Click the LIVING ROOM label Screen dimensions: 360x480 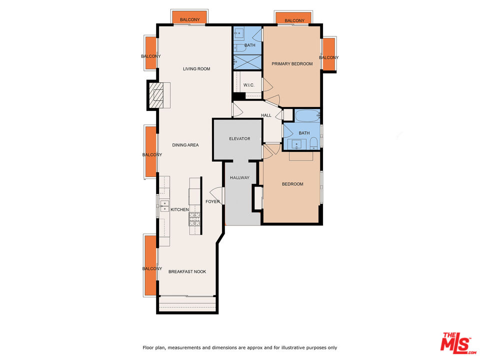[x=196, y=69]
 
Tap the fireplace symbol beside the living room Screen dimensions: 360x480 [x=158, y=94]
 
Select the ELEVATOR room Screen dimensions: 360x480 [x=239, y=139]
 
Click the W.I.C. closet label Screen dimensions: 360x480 [x=249, y=85]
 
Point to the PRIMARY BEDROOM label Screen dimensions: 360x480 [x=292, y=64]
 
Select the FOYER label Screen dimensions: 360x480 [x=212, y=202]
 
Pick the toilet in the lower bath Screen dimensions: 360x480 [x=313, y=145]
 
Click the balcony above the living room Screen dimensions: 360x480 [x=189, y=19]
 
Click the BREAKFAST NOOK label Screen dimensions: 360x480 [x=187, y=271]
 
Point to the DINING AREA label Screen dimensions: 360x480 [x=185, y=145]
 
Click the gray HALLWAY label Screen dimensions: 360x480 [x=239, y=177]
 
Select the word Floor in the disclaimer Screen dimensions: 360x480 [x=148, y=347]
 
